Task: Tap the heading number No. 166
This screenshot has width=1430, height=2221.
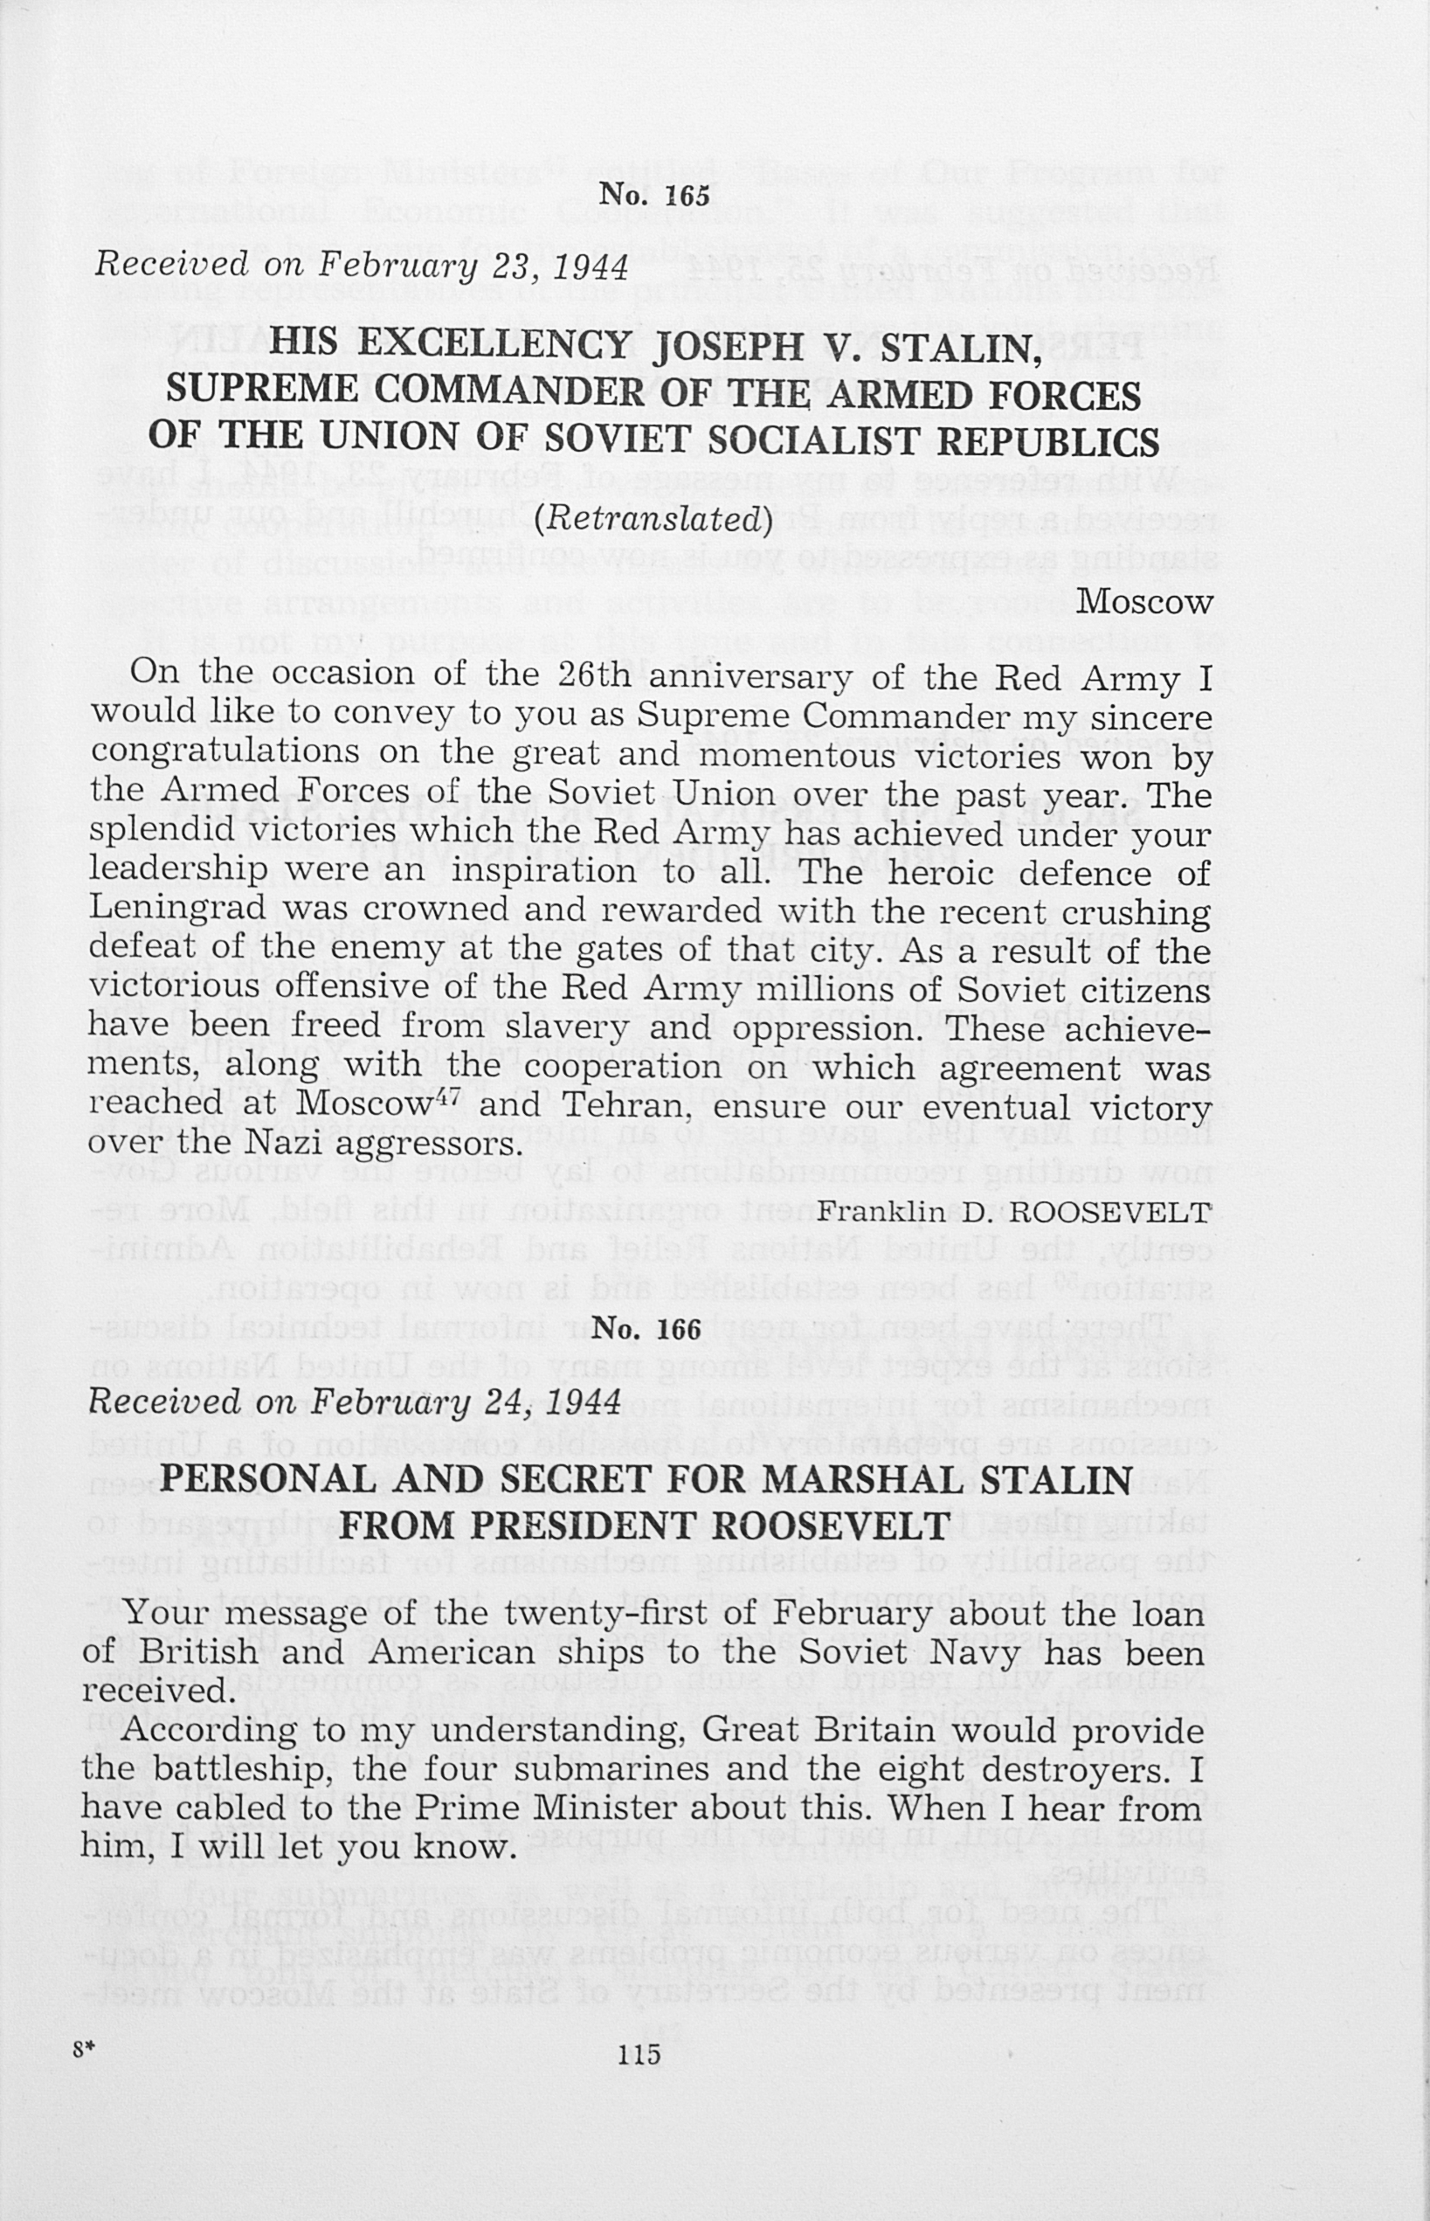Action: [646, 1330]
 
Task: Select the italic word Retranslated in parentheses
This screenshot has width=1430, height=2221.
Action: [653, 517]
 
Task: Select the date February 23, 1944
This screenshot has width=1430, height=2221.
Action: [473, 266]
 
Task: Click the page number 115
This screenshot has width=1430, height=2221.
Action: [639, 2053]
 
